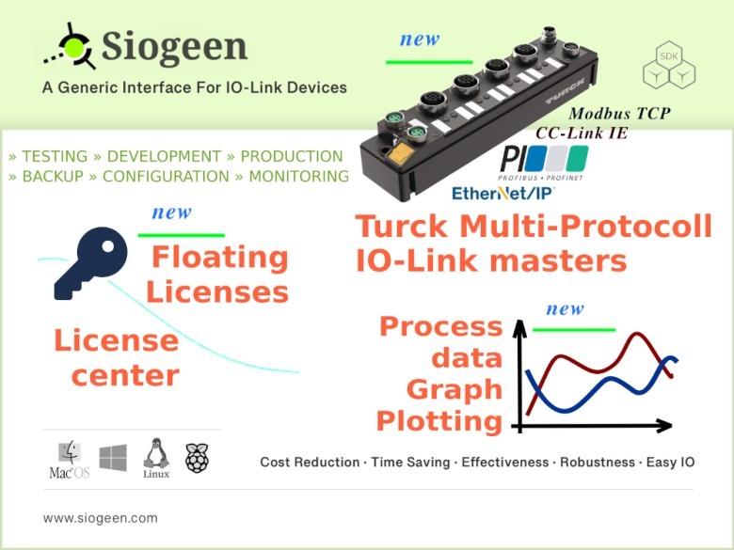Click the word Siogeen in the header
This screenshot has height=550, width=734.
(174, 46)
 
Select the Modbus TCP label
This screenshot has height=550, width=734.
(620, 114)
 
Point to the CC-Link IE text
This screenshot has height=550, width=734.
(582, 134)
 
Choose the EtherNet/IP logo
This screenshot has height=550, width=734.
(503, 193)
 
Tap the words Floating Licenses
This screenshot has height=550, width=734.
(218, 274)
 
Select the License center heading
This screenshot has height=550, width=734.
(117, 357)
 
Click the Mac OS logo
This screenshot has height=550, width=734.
(69, 460)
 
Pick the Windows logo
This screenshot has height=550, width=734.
(113, 459)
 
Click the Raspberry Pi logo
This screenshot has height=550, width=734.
(197, 458)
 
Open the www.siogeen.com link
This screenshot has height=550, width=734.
(101, 518)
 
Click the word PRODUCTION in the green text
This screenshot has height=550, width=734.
(292, 157)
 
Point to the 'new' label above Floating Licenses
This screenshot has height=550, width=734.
(171, 212)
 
